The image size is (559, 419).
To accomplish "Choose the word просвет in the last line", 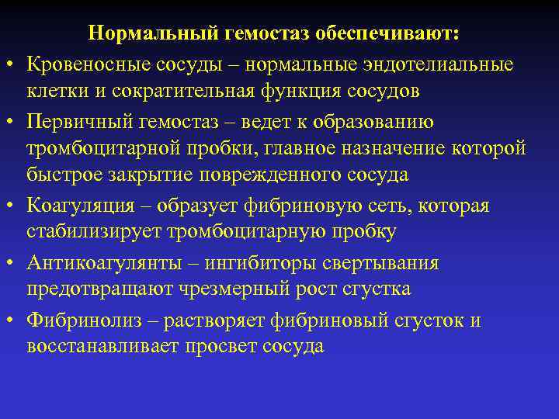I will pyautogui.click(x=222, y=347).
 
